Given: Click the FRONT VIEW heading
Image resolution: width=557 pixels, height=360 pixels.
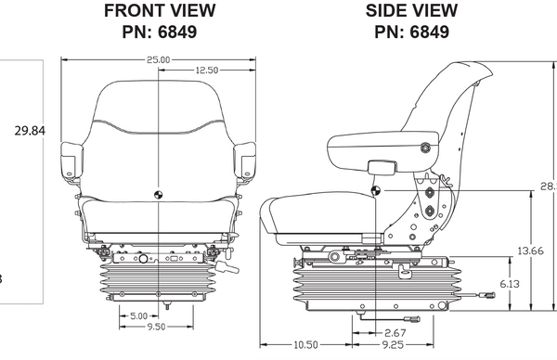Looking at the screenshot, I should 159,11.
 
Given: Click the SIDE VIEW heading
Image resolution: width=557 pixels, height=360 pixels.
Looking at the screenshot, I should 411,11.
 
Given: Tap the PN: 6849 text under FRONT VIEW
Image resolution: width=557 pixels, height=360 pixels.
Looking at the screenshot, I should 159,32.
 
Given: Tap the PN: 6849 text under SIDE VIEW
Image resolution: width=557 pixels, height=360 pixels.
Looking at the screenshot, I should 411,32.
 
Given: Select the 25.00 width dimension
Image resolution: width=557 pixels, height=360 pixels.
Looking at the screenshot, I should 159,59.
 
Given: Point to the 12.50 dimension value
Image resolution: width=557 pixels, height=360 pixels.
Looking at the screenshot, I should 207,71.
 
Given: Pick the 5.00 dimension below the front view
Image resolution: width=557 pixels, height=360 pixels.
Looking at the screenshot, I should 138,315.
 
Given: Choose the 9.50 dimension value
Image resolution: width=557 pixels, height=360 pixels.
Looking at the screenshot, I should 159,328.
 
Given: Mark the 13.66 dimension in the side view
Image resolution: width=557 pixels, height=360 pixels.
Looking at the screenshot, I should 530,251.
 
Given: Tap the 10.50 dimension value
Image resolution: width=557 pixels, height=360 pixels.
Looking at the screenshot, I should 305,344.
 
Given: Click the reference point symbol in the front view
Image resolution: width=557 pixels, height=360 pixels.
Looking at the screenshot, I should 159,194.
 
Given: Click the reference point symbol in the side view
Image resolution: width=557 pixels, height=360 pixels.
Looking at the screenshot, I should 378,190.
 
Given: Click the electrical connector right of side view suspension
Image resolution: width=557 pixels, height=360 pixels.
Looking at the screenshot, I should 488,297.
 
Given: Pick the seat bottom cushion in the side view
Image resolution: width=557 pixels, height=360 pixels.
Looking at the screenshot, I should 316,215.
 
